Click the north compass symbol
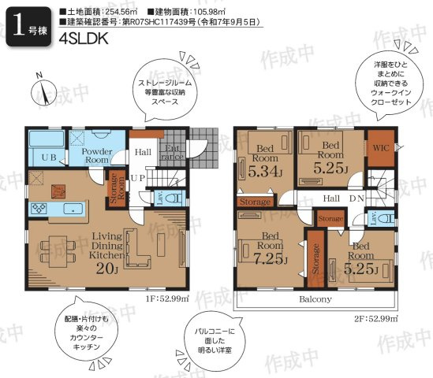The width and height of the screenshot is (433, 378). coord(44,89)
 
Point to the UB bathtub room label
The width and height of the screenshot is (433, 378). coord(47,157)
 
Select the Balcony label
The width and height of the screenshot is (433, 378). coord(315,299)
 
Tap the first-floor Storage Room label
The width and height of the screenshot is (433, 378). coord(114,189)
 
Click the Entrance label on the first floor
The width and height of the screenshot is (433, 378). coord(172,151)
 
